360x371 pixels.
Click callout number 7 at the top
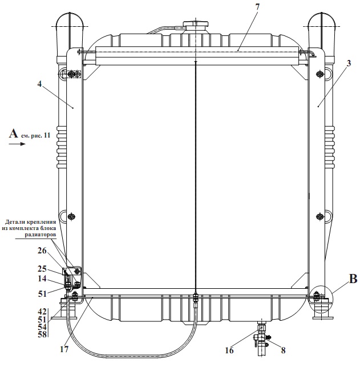pyautogui.click(x=257, y=7)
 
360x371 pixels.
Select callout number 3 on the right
pyautogui.click(x=349, y=63)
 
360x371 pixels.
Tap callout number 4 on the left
pyautogui.click(x=39, y=84)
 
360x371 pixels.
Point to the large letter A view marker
pyautogui.click(x=14, y=133)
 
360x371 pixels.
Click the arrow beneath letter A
pyautogui.click(x=17, y=144)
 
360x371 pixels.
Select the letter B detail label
pyautogui.click(x=353, y=279)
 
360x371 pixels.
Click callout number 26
pyautogui.click(x=42, y=251)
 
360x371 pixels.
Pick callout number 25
pyautogui.click(x=42, y=269)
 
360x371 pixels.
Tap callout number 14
pyautogui.click(x=42, y=279)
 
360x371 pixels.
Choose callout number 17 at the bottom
pyautogui.click(x=64, y=349)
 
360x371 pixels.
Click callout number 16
pyautogui.click(x=229, y=350)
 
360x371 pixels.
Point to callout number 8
pyautogui.click(x=283, y=350)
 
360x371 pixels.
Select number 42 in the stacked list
pyautogui.click(x=42, y=312)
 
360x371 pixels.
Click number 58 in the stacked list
pyautogui.click(x=42, y=334)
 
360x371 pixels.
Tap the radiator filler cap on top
pyautogui.click(x=196, y=25)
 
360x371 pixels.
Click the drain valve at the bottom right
pyautogui.click(x=262, y=338)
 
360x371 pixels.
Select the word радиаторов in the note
pyautogui.click(x=41, y=235)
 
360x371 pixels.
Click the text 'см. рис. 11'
pyautogui.click(x=35, y=135)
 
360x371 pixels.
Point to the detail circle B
pyautogui.click(x=321, y=299)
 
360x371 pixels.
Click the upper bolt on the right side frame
pyautogui.click(x=319, y=74)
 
